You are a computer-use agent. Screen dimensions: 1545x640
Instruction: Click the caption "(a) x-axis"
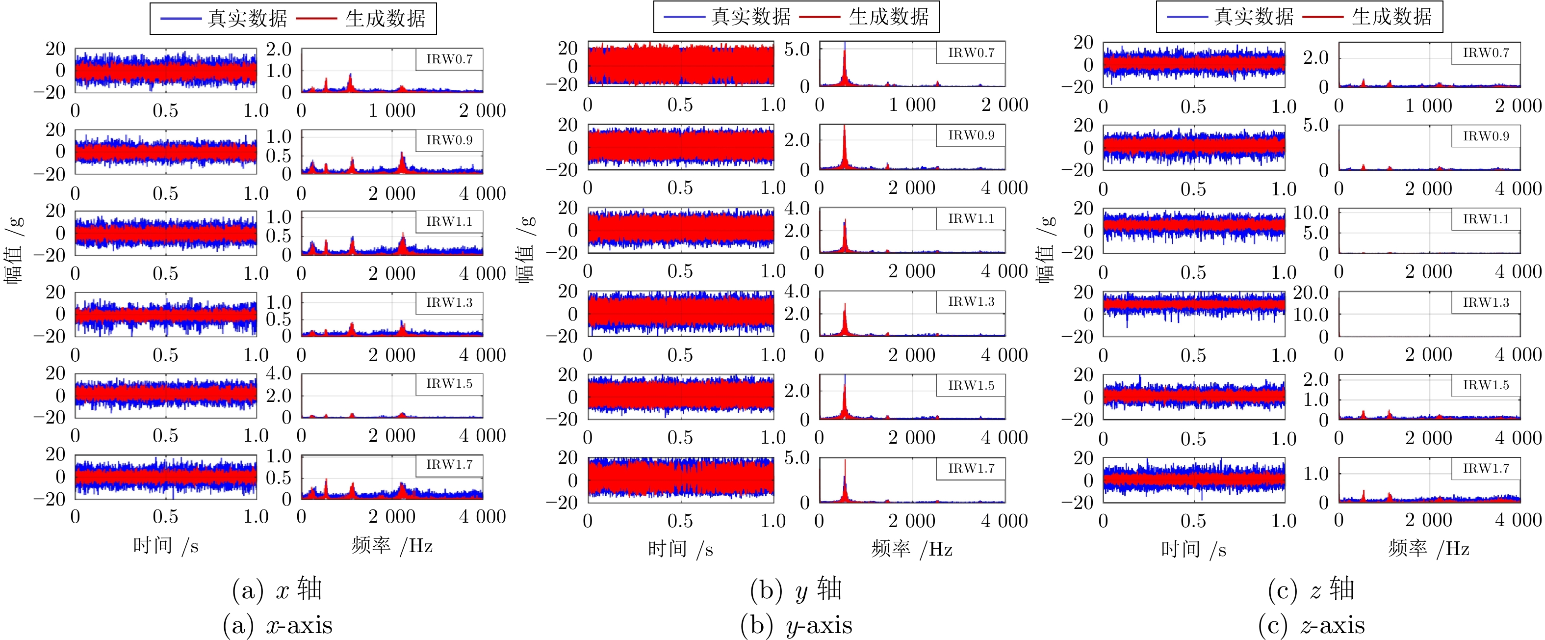pos(277,624)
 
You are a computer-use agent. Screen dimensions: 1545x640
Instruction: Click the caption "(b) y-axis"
pos(796,624)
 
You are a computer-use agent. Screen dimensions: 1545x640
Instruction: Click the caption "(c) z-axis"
pos(1312,624)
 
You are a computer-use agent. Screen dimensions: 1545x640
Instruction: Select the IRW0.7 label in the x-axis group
pos(449,59)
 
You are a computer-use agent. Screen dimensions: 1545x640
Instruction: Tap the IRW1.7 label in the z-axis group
pos(1486,468)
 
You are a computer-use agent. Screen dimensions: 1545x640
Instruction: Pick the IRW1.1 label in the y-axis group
pos(971,218)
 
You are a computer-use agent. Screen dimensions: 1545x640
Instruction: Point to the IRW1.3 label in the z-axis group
pos(1486,302)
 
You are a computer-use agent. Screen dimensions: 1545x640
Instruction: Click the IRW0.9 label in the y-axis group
pos(971,135)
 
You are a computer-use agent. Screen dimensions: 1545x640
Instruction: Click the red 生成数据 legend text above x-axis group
pos(385,19)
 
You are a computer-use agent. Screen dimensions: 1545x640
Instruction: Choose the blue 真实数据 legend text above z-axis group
pos(1254,16)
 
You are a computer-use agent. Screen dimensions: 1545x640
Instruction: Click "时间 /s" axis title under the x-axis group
pos(166,545)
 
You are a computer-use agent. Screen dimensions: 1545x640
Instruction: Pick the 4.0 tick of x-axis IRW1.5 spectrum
pos(279,373)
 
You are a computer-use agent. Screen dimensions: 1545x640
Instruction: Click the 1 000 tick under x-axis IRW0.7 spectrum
pos(392,110)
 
